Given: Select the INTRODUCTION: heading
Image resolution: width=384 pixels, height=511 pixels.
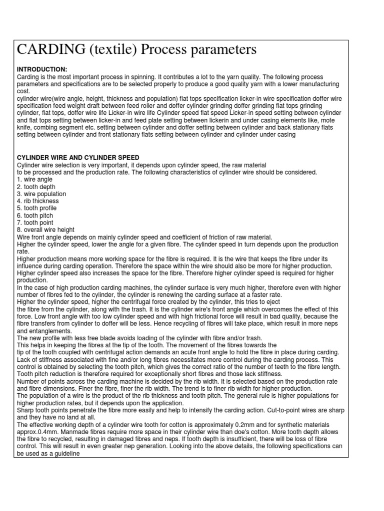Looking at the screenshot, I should click(42, 69).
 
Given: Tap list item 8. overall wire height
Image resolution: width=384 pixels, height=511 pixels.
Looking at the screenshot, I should click(45, 230).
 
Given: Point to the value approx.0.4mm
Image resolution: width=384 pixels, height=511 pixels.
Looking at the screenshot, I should click(37, 431).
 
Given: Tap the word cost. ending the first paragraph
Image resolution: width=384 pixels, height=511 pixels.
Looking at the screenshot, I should click(23, 91).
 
